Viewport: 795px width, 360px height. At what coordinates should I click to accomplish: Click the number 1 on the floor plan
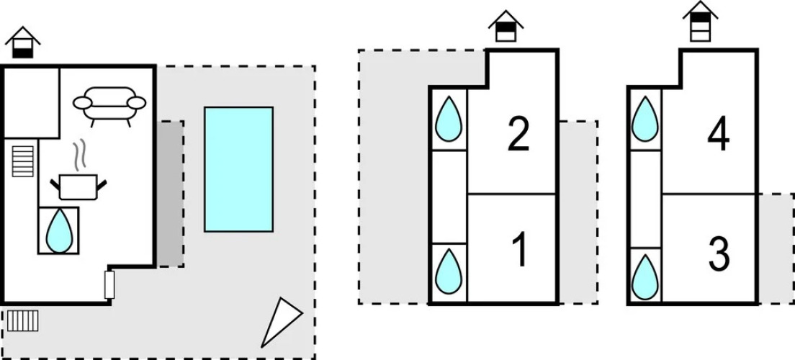tap(520, 250)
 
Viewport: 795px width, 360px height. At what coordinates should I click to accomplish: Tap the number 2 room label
tap(518, 134)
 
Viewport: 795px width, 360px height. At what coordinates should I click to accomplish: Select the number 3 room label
tap(719, 253)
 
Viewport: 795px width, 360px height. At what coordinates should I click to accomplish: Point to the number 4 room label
tap(718, 134)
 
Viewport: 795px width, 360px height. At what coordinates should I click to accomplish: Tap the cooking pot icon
tap(78, 186)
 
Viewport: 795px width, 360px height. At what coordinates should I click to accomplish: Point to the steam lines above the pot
tap(80, 154)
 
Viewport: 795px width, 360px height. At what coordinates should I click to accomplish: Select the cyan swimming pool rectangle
tap(238, 169)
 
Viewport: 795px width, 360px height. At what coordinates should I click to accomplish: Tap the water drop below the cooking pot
tap(59, 230)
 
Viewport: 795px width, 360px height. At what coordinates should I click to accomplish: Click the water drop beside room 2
tap(449, 120)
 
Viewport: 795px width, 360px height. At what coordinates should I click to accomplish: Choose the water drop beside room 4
tap(644, 120)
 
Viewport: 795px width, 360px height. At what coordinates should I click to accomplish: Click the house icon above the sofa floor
tap(22, 43)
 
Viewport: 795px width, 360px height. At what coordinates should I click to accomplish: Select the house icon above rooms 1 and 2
tap(506, 27)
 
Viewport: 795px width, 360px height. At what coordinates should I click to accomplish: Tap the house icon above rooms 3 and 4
tap(701, 22)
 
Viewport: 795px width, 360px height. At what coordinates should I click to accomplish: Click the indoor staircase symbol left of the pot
tap(23, 161)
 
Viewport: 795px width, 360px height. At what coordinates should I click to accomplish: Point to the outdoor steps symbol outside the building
tap(22, 320)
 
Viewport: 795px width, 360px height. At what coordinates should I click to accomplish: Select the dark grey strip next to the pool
tap(170, 194)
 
